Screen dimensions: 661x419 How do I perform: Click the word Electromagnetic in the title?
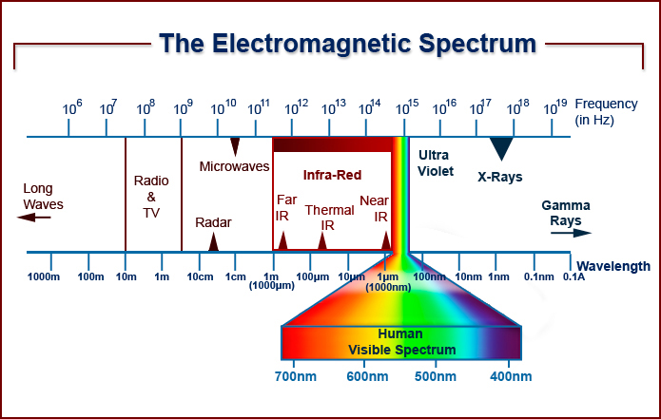coord(311,44)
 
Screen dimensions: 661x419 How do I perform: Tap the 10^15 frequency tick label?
coord(407,107)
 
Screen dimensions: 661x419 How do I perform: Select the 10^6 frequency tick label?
coord(72,107)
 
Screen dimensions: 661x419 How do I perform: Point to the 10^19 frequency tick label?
coord(555,107)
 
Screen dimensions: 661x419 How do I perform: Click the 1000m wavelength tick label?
coord(44,277)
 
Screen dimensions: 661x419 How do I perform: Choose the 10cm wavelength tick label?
coord(200,277)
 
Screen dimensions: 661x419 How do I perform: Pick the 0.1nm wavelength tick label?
coord(538,277)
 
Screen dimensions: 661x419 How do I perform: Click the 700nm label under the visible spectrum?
coord(296,376)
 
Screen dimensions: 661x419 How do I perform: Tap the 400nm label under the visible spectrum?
coord(511,376)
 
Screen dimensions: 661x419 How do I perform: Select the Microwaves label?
coord(234,166)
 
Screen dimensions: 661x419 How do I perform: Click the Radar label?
coord(213,222)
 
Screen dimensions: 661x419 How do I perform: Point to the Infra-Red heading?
coord(332,175)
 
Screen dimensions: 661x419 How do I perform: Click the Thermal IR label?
coord(329,218)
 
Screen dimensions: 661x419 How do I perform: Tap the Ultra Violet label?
coord(435,163)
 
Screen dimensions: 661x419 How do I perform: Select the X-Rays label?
coord(500,177)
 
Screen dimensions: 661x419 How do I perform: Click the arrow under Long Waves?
coord(33,218)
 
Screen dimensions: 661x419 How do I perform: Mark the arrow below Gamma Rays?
coord(572,233)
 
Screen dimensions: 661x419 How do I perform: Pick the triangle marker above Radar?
coord(214,241)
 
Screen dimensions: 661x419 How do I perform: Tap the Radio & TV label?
coord(151,197)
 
